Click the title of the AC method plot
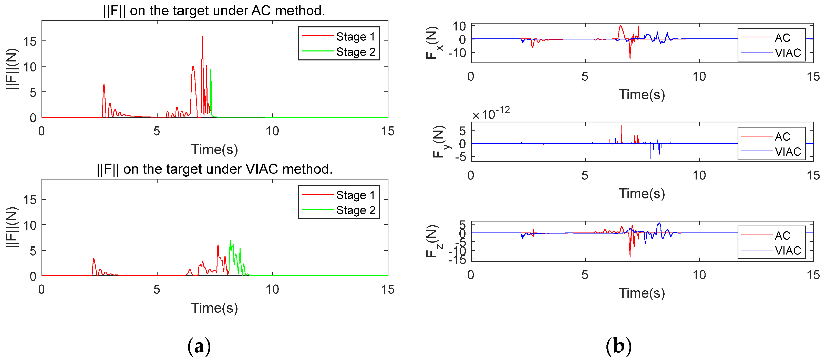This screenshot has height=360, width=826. (x=214, y=10)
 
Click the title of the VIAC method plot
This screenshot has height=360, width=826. (x=214, y=169)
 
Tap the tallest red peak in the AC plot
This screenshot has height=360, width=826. (x=202, y=37)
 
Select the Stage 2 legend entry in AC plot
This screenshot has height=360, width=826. (x=355, y=52)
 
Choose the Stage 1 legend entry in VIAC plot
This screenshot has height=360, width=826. (x=355, y=195)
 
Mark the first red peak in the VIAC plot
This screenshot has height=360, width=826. (x=94, y=259)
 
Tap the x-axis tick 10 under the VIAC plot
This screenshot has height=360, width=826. (x=272, y=290)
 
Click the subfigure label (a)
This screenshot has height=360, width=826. (x=199, y=346)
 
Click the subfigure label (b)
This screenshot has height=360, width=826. (x=618, y=346)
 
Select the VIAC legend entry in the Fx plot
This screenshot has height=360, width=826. (x=788, y=52)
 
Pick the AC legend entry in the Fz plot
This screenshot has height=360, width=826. (x=782, y=236)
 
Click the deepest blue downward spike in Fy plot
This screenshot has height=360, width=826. (x=650, y=158)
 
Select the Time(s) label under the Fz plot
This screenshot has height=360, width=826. (x=642, y=293)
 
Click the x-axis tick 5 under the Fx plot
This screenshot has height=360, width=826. (x=585, y=77)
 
